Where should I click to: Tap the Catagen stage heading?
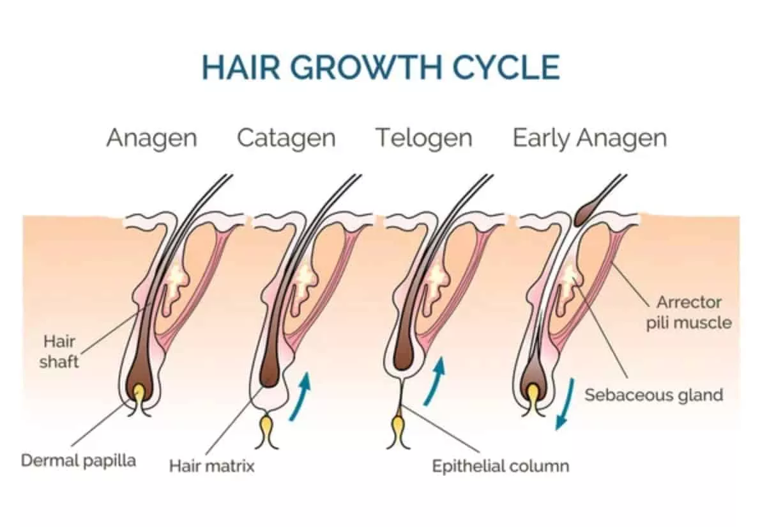[286, 138]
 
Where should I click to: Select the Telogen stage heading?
[424, 138]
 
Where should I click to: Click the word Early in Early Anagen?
[542, 138]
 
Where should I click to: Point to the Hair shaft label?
[59, 351]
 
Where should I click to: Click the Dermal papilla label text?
[79, 460]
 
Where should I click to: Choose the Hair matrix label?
[212, 466]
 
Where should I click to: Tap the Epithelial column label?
[500, 466]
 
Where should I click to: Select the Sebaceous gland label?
[654, 395]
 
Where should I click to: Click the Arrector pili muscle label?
[688, 313]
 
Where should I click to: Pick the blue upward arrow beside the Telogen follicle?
[435, 381]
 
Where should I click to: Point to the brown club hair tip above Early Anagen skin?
[586, 214]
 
